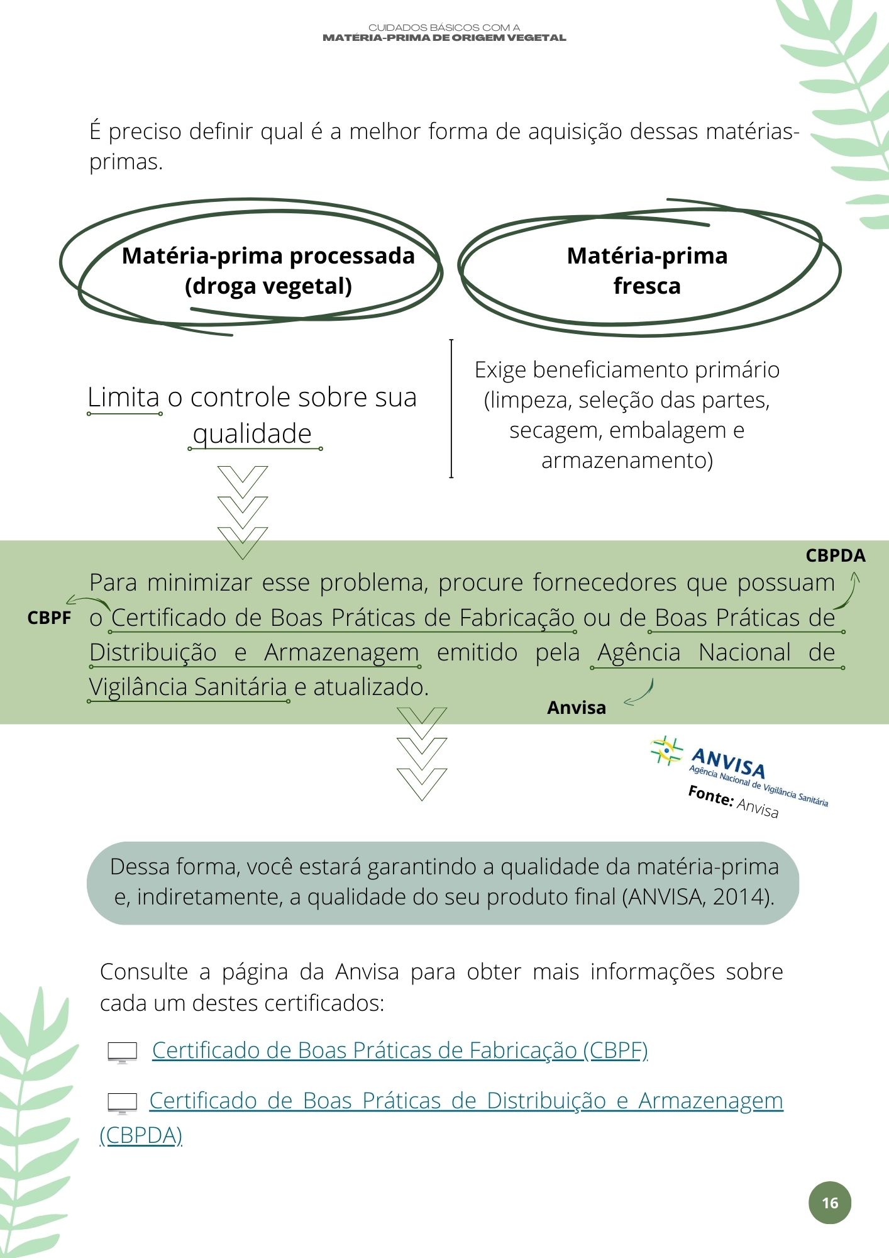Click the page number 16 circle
pos(829,1203)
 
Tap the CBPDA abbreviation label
pos(835,555)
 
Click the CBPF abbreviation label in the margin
pos(49,618)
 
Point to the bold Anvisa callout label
pos(576,708)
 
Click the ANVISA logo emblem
pos(666,751)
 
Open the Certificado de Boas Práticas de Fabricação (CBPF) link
pos(400,1050)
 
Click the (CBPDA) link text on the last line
pos(141,1135)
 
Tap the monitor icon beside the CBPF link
pos(122,1052)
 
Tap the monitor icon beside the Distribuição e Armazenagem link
pos(122,1103)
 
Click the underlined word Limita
pos(124,398)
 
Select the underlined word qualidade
pos(252,434)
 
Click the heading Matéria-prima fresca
pos(647,270)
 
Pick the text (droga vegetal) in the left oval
pos(268,286)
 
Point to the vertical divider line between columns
pos(451,409)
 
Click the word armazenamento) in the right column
pos(627,460)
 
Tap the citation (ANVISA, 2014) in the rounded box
pos(697,896)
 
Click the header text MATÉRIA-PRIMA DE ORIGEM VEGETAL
pos(444,38)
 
